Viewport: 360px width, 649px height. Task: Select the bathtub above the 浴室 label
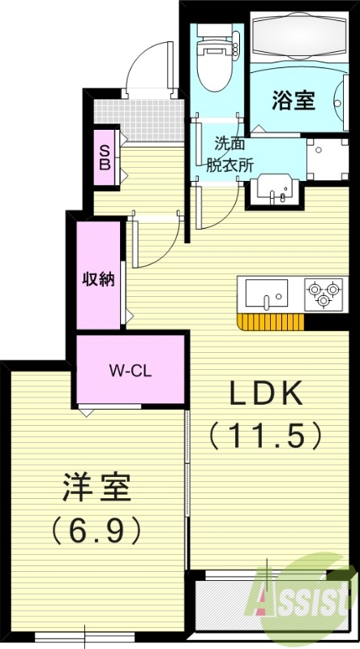[298, 37]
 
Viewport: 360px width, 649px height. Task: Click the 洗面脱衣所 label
[229, 153]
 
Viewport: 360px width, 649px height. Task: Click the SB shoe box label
[105, 156]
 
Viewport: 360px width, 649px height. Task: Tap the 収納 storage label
[98, 279]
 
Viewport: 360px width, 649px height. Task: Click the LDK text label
[266, 395]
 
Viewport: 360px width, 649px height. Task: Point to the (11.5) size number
[266, 436]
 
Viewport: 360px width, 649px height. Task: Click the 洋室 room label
[96, 490]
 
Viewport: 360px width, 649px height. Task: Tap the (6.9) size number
[96, 531]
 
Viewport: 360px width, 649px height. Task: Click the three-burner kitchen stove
[322, 293]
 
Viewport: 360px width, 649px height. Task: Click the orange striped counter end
[270, 322]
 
